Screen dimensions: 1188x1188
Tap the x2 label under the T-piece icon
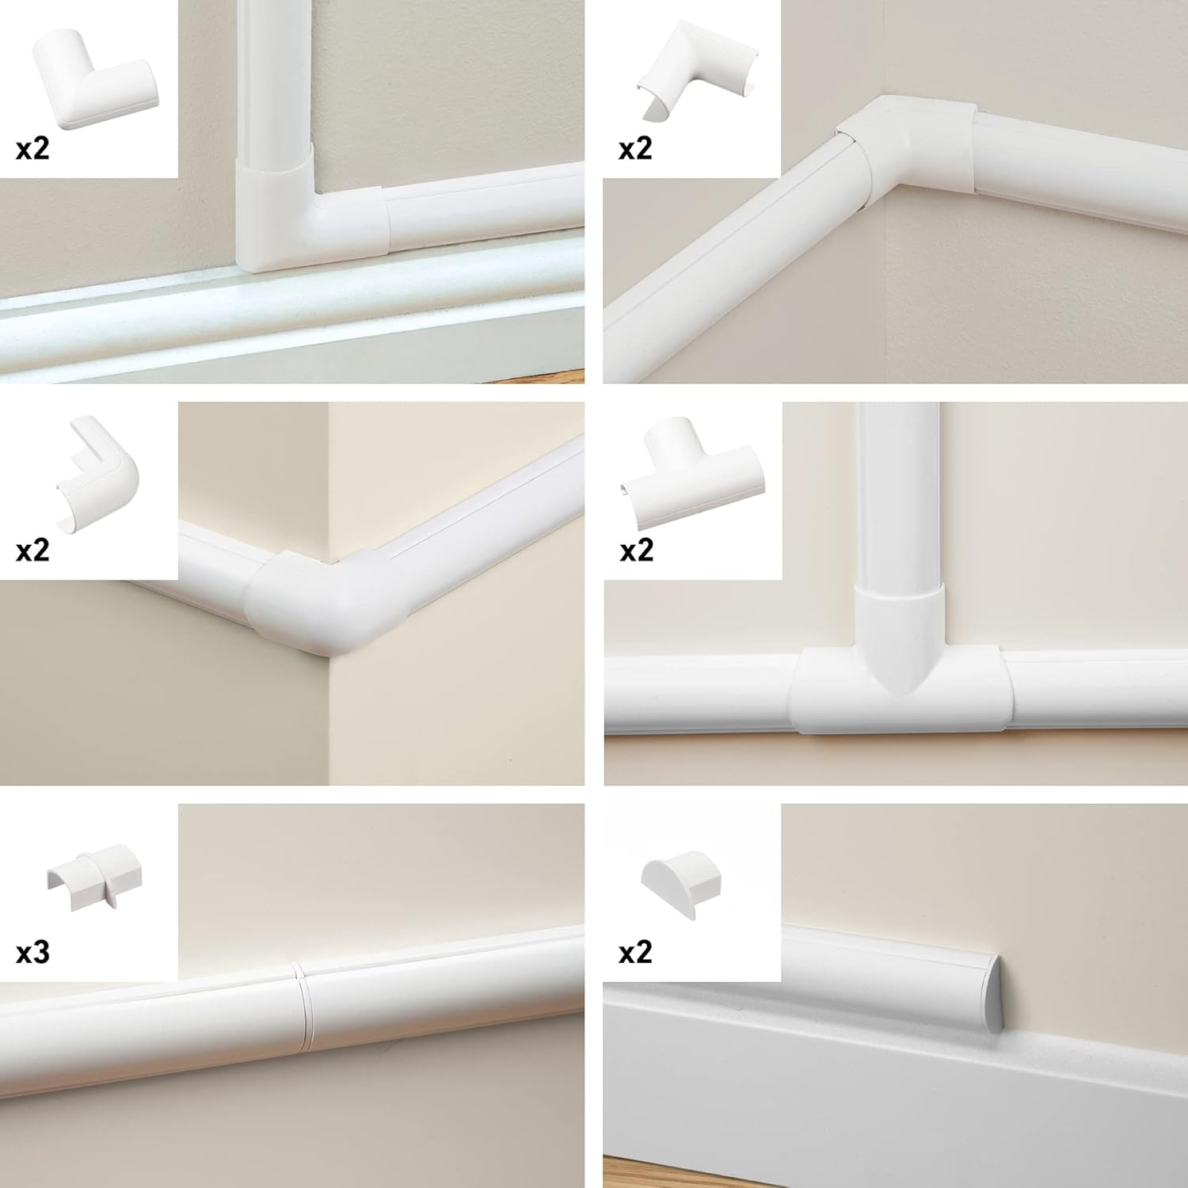(x=636, y=550)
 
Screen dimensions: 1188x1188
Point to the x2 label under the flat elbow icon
(x=32, y=148)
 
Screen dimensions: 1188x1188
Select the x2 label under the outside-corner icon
(x=32, y=550)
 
